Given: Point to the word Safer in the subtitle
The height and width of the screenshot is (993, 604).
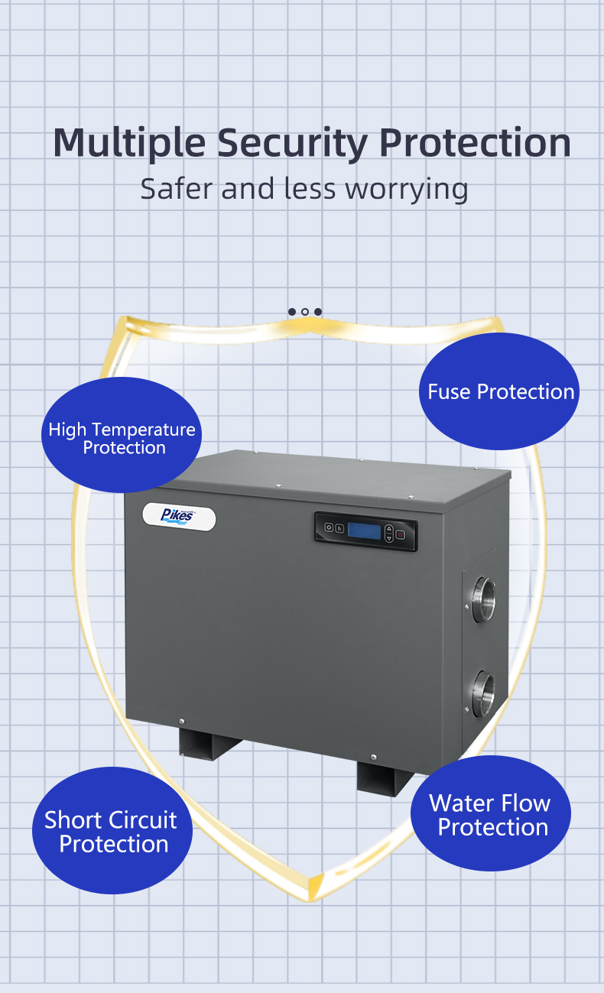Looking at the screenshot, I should point(177,189).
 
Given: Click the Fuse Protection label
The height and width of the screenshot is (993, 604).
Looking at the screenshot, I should point(501,391).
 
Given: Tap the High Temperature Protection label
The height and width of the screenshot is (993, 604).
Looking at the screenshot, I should point(122,438).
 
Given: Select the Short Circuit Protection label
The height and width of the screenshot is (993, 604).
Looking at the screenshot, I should point(112,832).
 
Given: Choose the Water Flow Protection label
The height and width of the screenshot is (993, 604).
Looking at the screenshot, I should point(491,815).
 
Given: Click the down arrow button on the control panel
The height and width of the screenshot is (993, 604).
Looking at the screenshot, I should point(388,538).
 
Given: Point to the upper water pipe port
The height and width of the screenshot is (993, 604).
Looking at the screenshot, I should point(483,595).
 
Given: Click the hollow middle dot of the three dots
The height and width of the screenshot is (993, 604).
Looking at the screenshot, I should point(305,312).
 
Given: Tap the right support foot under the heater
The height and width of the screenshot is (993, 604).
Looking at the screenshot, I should point(384,777).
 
